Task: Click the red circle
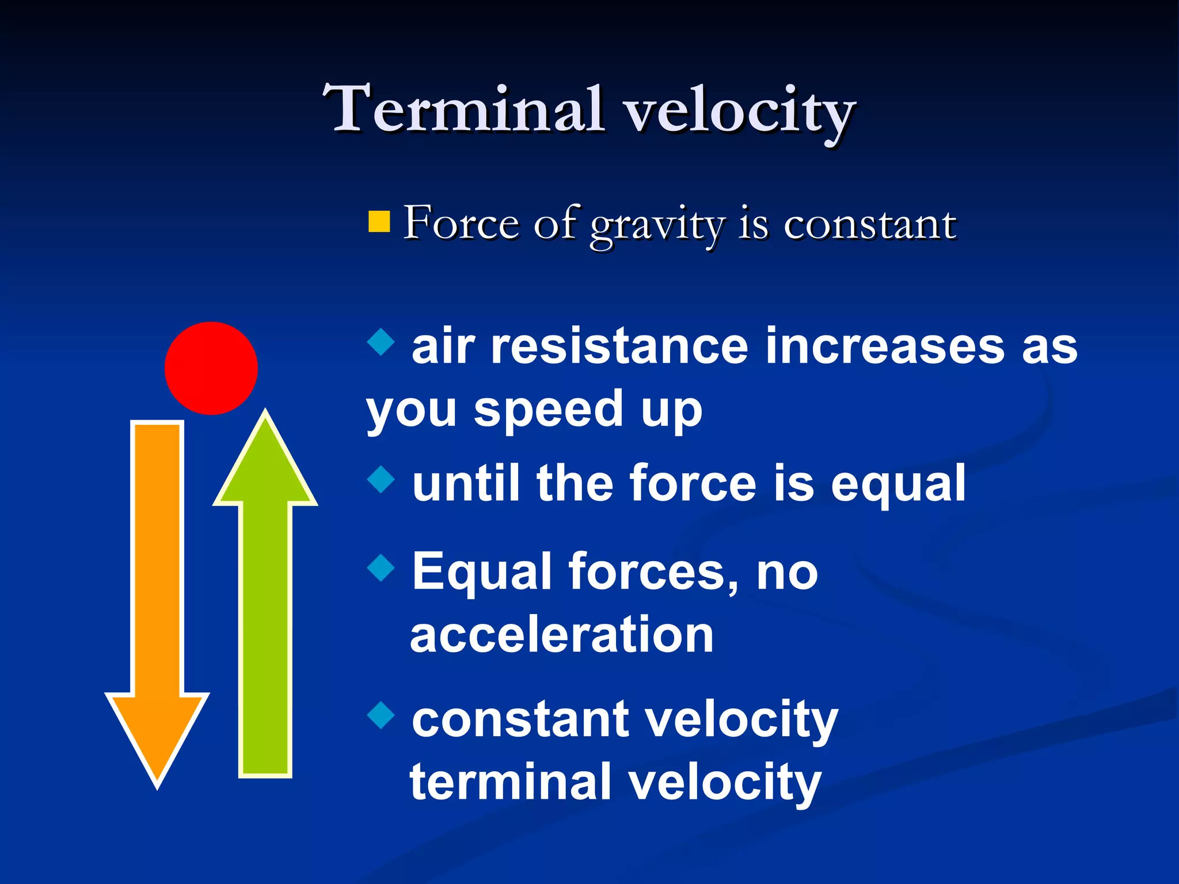[211, 368]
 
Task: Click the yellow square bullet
[379, 222]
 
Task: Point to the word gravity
[657, 225]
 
